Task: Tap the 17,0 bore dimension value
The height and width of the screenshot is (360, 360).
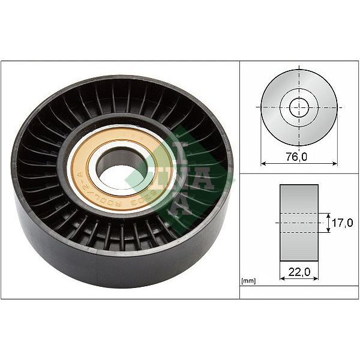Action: (342, 223)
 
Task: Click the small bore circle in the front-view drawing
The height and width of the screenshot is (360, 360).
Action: (299, 107)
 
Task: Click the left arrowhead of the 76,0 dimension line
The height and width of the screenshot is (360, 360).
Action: (262, 162)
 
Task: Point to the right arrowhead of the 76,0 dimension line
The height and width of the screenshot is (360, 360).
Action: (335, 162)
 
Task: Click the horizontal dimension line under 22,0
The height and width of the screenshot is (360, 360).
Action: (299, 279)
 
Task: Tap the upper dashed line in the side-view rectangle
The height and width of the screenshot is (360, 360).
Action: (299, 213)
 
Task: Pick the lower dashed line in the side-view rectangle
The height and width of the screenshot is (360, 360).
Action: (299, 232)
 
